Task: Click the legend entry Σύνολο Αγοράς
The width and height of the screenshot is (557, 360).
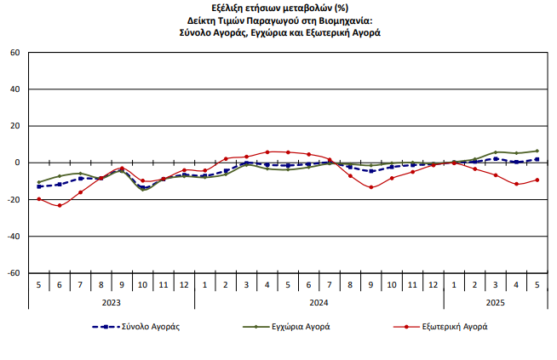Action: point(150,326)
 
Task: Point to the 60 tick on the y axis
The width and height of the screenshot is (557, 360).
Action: point(14,53)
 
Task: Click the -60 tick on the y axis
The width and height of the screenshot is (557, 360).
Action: point(13,273)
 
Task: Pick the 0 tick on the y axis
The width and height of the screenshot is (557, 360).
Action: point(17,163)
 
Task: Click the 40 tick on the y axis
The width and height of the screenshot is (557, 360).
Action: point(14,89)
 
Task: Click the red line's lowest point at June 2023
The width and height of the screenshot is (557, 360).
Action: point(60,205)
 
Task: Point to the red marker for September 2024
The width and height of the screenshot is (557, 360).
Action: point(370,187)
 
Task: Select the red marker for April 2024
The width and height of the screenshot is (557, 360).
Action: point(267,151)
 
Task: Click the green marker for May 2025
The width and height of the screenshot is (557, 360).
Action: point(537,151)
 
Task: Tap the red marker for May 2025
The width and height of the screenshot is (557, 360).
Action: point(537,180)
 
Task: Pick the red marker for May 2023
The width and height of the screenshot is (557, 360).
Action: point(39,198)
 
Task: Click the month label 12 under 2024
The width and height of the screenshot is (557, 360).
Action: point(433,283)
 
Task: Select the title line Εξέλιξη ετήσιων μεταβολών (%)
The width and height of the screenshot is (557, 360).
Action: point(278,8)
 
